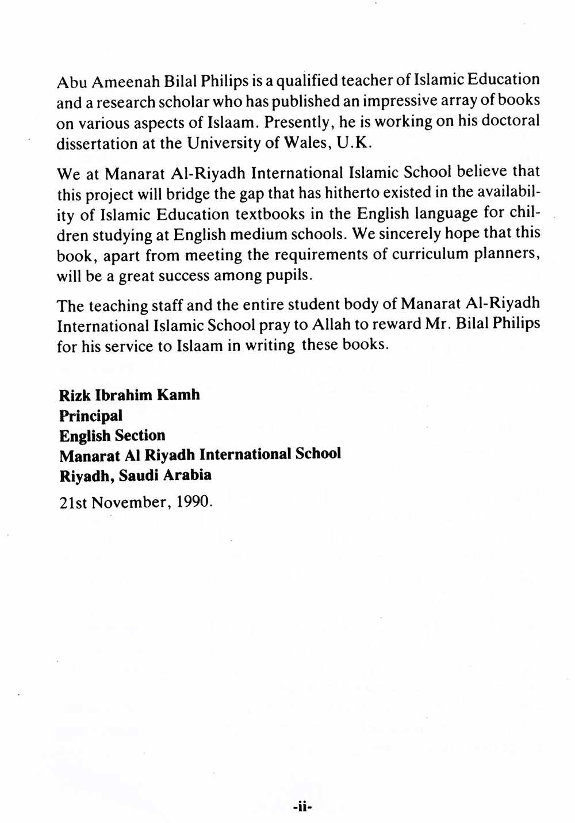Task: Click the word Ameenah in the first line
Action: pos(118,82)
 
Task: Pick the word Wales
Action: pos(306,143)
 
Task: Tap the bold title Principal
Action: pos(91,415)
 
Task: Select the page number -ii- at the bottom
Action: pos(301,807)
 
